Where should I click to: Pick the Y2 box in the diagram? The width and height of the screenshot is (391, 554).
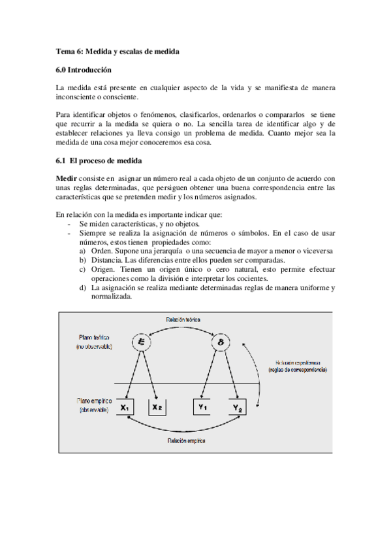[x=237, y=408]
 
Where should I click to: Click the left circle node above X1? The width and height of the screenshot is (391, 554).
[x=141, y=342]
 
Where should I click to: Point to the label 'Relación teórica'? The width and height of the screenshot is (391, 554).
[x=183, y=319]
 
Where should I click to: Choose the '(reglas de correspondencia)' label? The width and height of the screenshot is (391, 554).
[x=297, y=370]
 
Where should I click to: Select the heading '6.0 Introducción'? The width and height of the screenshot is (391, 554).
[x=84, y=69]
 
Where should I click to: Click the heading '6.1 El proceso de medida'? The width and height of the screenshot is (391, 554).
[x=99, y=160]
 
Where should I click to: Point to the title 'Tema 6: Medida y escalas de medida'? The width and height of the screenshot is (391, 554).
[x=117, y=51]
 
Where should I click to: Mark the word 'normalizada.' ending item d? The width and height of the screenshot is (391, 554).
[x=112, y=296]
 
